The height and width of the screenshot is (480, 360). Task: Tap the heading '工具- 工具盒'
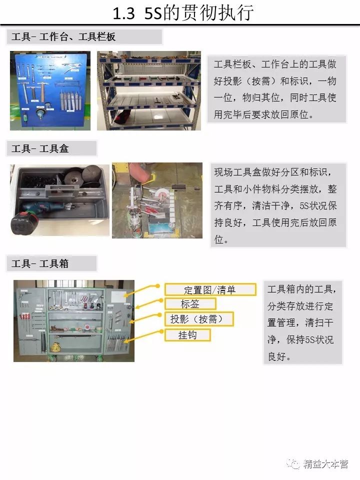coord(40,148)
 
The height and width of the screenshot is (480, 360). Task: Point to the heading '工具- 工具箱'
coord(40,263)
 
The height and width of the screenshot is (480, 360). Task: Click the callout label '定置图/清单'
coord(210,289)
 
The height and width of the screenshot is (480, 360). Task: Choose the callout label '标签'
coord(190,303)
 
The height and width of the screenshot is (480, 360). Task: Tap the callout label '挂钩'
coord(187,335)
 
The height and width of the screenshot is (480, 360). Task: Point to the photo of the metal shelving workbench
coord(148,90)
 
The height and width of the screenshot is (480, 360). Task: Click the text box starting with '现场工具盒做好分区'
coord(276,205)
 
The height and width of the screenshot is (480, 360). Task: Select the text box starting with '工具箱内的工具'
coord(302,322)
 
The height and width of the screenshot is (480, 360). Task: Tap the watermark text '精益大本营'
coord(325,464)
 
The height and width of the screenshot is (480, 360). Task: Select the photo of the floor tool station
coord(156,200)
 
